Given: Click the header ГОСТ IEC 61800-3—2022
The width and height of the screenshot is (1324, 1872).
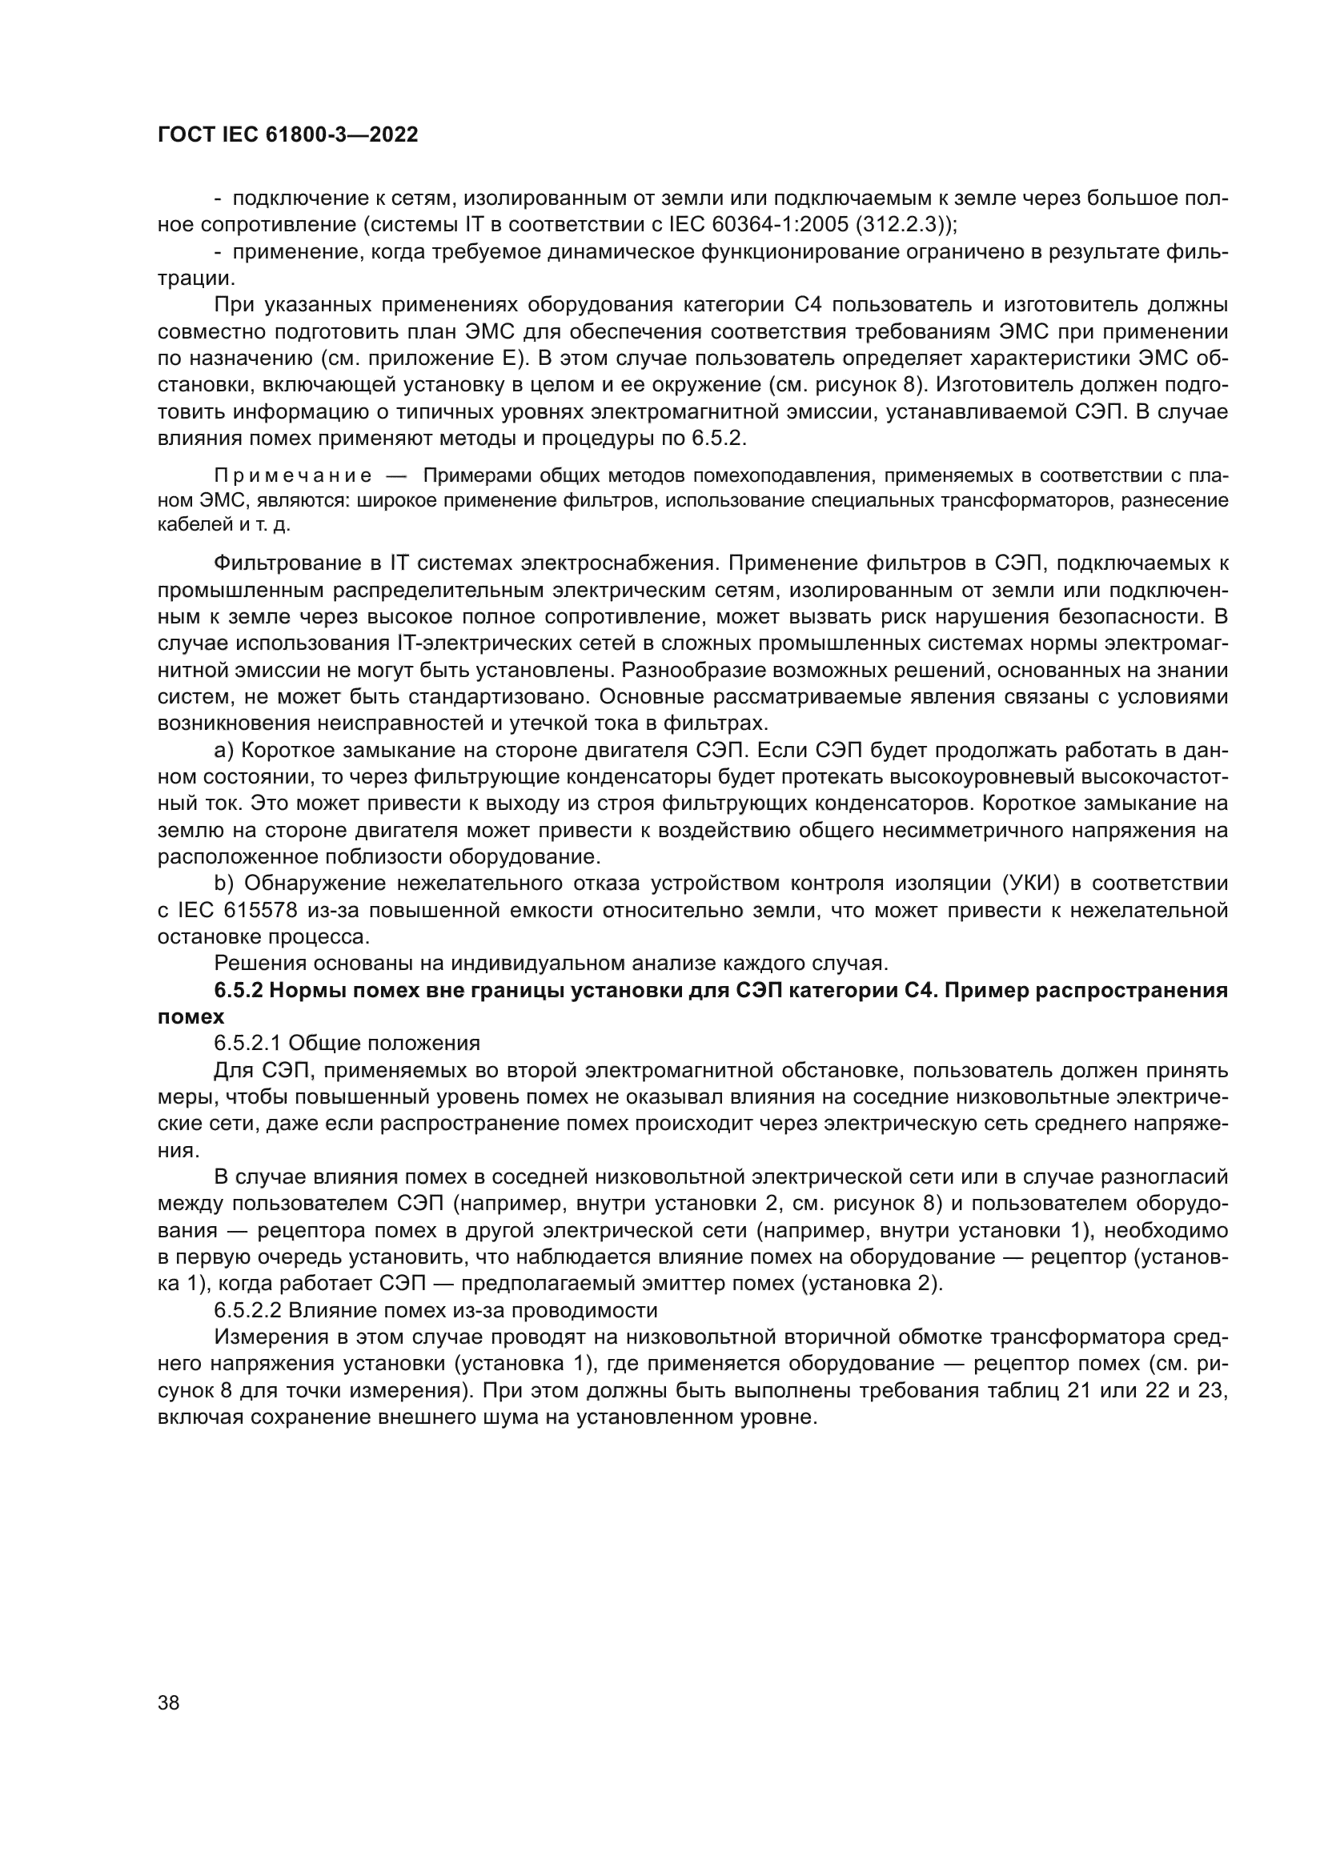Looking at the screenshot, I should coord(287,135).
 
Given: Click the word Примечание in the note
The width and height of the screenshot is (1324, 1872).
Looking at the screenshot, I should coord(293,475).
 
